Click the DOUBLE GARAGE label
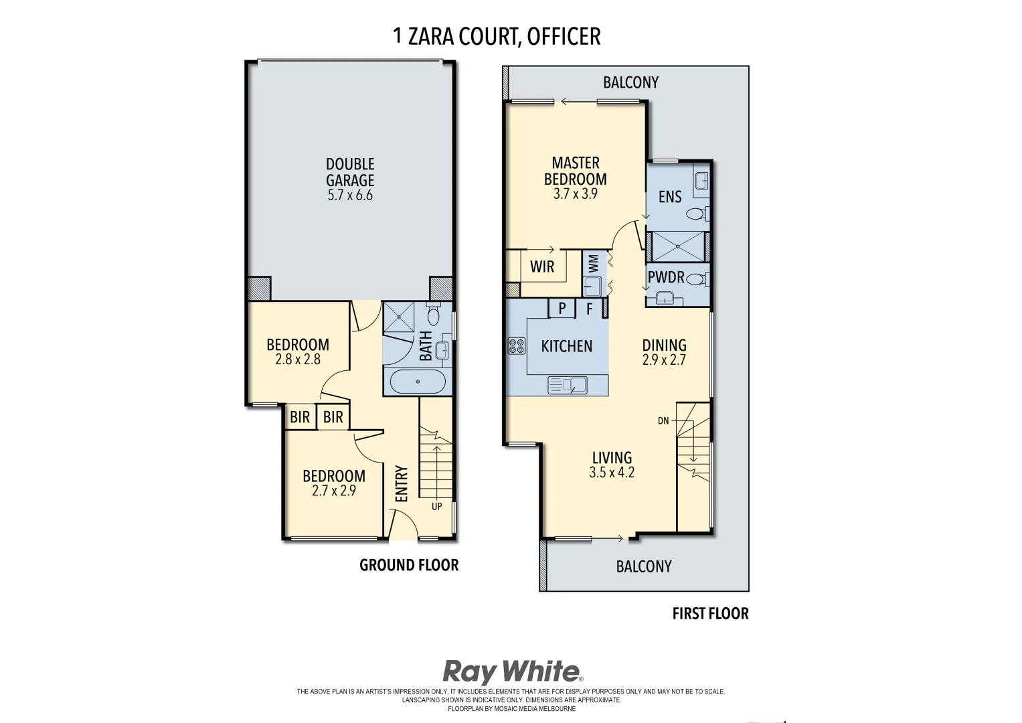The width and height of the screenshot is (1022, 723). (x=350, y=172)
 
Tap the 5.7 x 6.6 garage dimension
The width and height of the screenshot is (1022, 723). (x=350, y=195)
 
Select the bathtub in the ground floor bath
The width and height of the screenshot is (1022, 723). (x=418, y=382)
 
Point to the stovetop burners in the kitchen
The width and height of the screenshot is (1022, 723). (x=517, y=345)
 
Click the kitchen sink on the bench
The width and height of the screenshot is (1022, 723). (x=567, y=385)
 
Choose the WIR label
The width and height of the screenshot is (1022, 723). (x=542, y=266)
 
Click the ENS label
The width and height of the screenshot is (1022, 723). (x=670, y=197)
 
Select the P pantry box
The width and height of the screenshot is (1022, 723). (x=562, y=309)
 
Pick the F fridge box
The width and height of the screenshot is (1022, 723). (x=590, y=309)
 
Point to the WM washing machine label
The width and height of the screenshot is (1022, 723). (x=593, y=262)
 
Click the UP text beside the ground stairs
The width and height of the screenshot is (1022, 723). (x=436, y=506)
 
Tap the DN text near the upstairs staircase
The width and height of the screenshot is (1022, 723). (x=663, y=421)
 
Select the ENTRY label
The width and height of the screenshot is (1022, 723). (x=402, y=483)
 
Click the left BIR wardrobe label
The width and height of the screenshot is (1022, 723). (x=300, y=417)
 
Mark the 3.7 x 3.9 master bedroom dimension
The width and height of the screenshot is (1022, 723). (x=575, y=194)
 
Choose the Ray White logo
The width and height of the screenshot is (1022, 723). (x=513, y=671)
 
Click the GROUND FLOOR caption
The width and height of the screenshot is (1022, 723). (x=409, y=565)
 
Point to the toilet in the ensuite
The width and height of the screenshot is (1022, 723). (x=697, y=214)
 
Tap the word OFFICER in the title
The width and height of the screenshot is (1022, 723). (x=564, y=36)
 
